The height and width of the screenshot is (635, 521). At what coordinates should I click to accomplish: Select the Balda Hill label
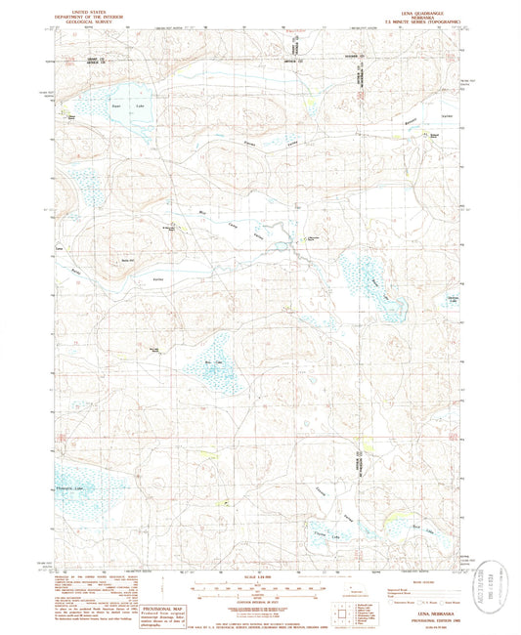coord(126,260)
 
